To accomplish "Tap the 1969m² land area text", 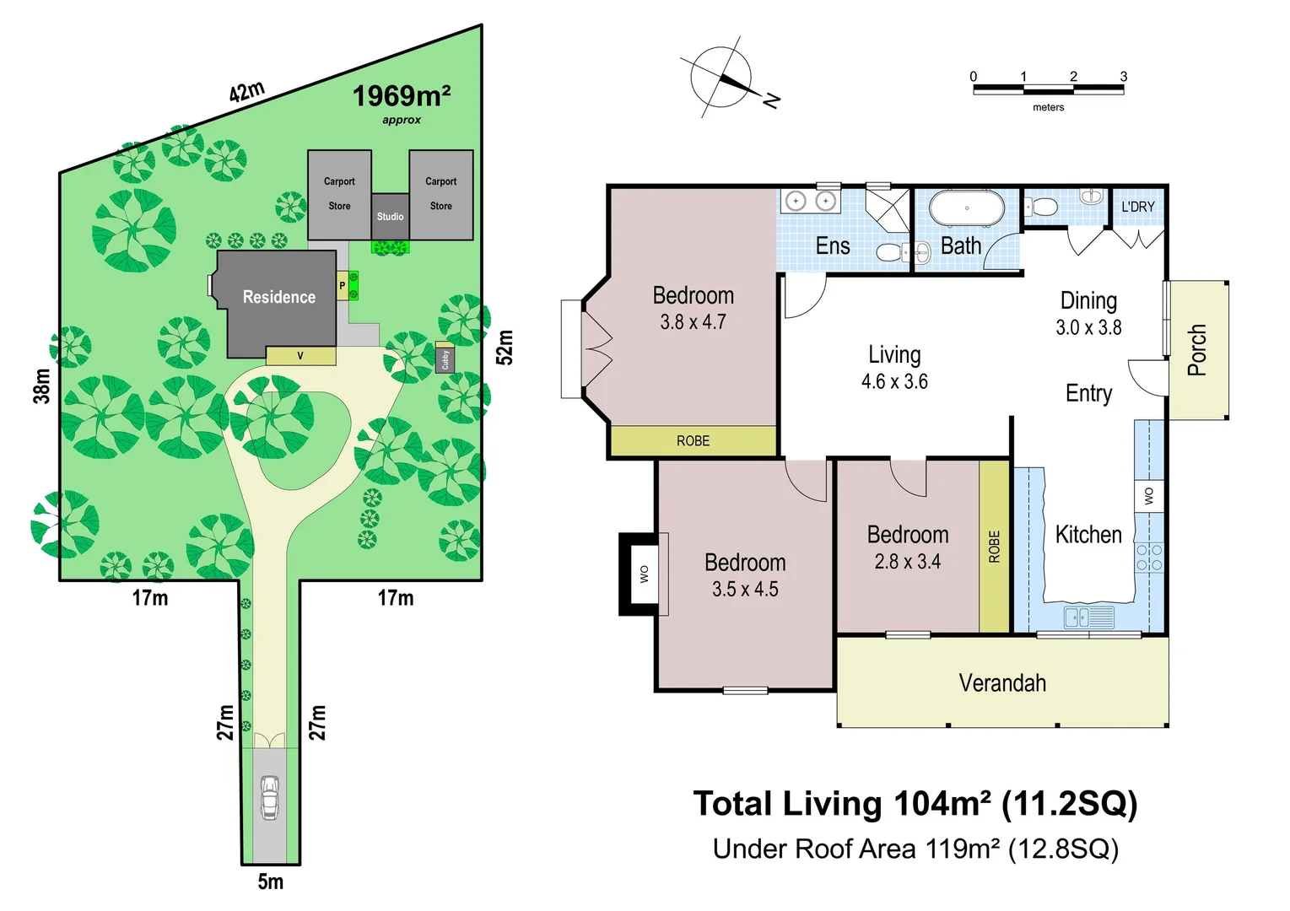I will [x=401, y=96].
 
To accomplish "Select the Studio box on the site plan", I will [x=390, y=216].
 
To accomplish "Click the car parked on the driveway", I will [x=269, y=797].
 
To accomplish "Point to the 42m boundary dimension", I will [x=246, y=91].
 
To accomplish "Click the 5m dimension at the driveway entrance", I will [x=270, y=881].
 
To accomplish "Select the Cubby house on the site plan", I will [x=445, y=358].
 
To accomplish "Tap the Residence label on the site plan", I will [x=278, y=297].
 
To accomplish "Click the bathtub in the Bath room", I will [x=967, y=208].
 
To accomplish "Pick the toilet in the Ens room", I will [x=891, y=251].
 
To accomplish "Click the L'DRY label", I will [x=1137, y=207].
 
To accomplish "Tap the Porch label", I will [x=1196, y=349].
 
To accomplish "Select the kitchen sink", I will [x=1088, y=617].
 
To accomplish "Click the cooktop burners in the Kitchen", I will [x=1148, y=558].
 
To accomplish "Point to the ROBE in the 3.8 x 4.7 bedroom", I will [x=693, y=440].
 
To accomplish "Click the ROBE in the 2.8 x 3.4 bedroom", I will [x=994, y=547].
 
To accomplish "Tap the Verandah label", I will [x=1002, y=682].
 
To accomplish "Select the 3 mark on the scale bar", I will [x=1123, y=77].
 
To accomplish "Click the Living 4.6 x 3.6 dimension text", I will [x=894, y=382].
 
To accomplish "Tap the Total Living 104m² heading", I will [x=915, y=804].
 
